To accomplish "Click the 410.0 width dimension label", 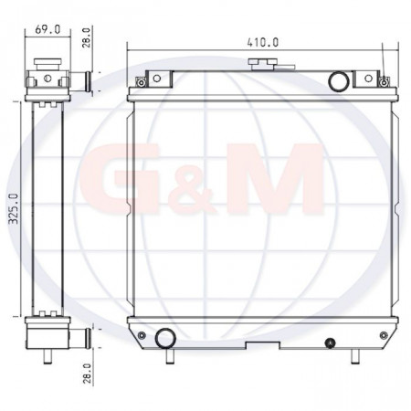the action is tap(263, 42).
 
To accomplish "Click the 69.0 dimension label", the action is tap(47, 29).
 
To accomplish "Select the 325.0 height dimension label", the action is tap(14, 209).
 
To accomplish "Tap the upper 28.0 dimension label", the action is tap(87, 37).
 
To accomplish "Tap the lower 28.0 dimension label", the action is tap(87, 374).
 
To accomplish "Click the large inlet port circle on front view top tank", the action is tap(339, 81).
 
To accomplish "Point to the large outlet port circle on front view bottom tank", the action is tap(166, 338).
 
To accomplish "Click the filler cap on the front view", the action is tap(262, 63).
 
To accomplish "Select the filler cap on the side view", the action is tap(47, 64).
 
